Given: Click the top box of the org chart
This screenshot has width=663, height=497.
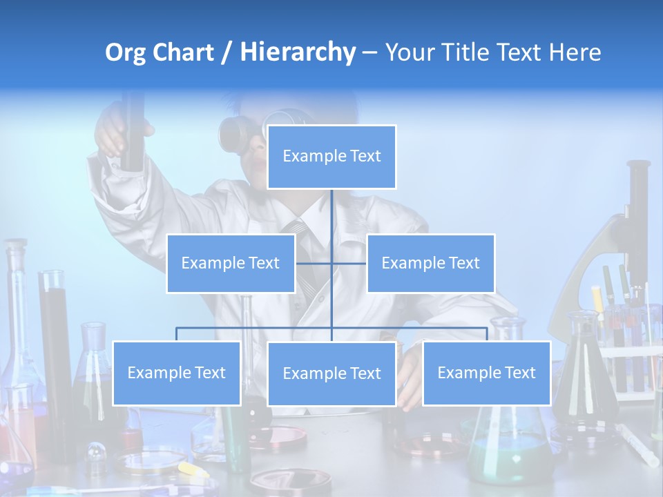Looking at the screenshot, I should [331, 157].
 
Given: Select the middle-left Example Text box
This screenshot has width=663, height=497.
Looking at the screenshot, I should [231, 263].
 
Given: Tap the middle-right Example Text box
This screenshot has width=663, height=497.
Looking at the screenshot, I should [430, 263].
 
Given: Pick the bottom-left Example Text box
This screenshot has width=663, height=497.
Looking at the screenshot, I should [177, 373].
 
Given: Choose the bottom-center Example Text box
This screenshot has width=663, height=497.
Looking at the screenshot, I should [331, 373].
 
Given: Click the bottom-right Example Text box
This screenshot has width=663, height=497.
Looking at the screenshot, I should [486, 373].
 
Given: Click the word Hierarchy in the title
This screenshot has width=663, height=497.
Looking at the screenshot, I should [298, 52].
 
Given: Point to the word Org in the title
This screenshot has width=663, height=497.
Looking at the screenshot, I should [126, 52].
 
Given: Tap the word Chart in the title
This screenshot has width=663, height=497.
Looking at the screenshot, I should [182, 52].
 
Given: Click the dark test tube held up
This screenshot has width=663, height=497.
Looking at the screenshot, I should [132, 131].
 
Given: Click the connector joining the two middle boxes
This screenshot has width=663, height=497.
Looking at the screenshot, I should [331, 263].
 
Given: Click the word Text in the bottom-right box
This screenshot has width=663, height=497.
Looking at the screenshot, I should [519, 373].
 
